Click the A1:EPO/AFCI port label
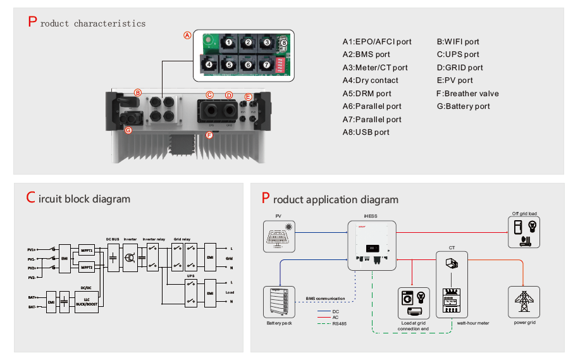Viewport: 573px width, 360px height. (x=377, y=42)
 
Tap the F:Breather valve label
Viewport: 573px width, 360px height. (x=467, y=94)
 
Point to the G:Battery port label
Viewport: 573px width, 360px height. (x=463, y=106)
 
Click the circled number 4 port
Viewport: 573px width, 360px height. (x=209, y=64)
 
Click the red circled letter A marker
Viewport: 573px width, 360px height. (x=187, y=35)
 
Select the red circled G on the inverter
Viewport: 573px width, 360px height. (x=128, y=130)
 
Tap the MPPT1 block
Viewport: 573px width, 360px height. (x=86, y=251)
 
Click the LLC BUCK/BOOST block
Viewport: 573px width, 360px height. (x=86, y=302)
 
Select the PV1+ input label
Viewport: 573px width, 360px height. (x=32, y=250)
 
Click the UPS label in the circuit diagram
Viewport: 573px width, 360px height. (x=190, y=276)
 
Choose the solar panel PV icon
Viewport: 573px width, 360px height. (x=278, y=236)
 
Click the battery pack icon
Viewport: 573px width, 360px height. (x=278, y=304)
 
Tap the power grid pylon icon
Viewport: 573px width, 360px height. (x=524, y=301)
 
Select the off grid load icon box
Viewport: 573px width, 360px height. (x=526, y=232)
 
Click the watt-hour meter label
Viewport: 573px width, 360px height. (x=473, y=323)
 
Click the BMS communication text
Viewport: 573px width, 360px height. (x=326, y=298)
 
